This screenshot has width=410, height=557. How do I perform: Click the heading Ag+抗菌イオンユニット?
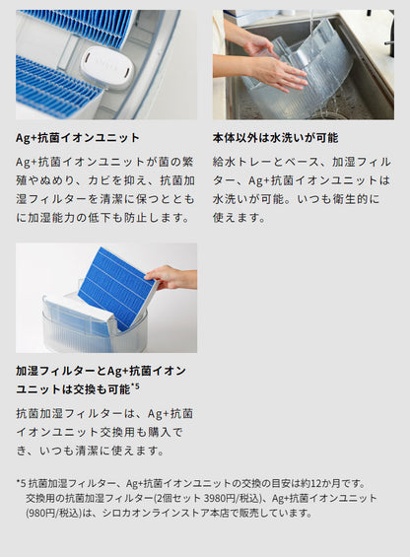pos(78,138)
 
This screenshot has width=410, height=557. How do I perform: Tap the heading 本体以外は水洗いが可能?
pos(268,138)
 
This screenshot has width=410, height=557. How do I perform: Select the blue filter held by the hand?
pos(116,287)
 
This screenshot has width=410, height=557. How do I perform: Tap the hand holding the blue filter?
pos(171,277)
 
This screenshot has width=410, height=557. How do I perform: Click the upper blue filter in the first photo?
pos(77,25)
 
